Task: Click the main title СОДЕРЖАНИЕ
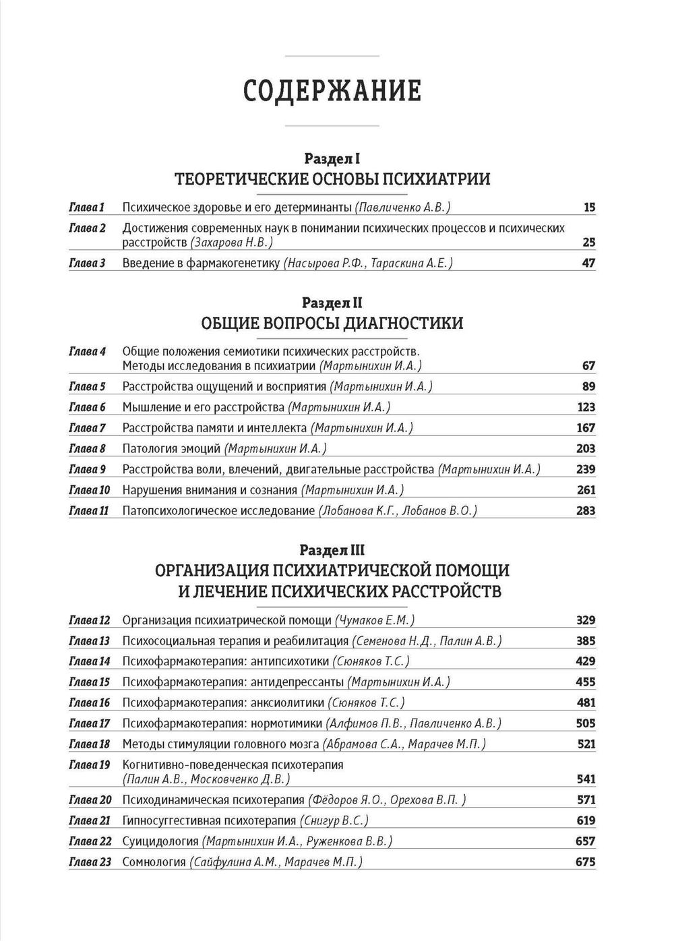pos(332,90)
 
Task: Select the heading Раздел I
pos(332,159)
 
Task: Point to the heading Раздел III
pos(332,550)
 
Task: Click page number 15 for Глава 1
pos(589,208)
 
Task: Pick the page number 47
pos(588,263)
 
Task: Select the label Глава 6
pos(88,407)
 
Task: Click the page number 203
pos(586,449)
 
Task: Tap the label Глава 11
pos(89,511)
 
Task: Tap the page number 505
pos(586,724)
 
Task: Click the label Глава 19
pos(89,765)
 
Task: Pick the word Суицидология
pos(160,841)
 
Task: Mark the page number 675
pos(586,862)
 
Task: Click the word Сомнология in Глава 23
pos(154,862)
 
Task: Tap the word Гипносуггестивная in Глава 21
pos(175,821)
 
